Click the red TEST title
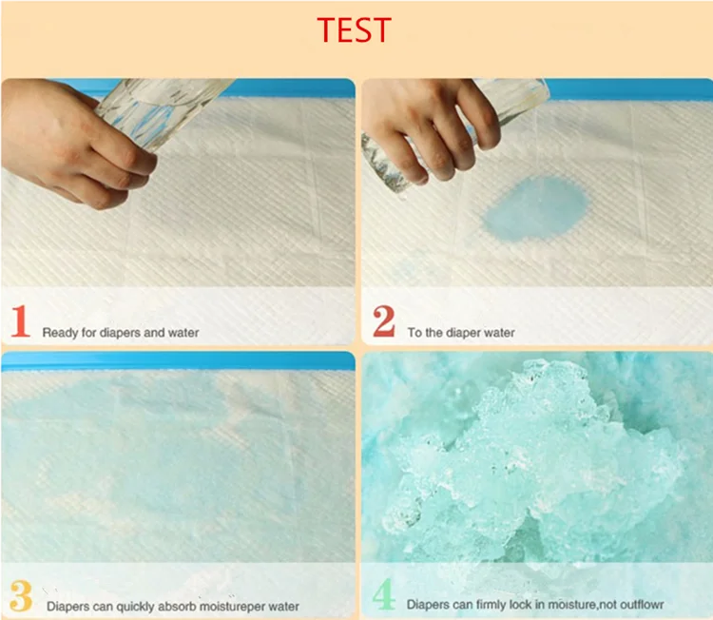tap(355, 29)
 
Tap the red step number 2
tap(384, 321)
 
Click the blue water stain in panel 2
tap(534, 208)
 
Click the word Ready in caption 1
tap(59, 333)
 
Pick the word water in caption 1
tap(183, 333)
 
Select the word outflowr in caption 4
tap(642, 605)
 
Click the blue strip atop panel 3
tap(178, 360)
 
